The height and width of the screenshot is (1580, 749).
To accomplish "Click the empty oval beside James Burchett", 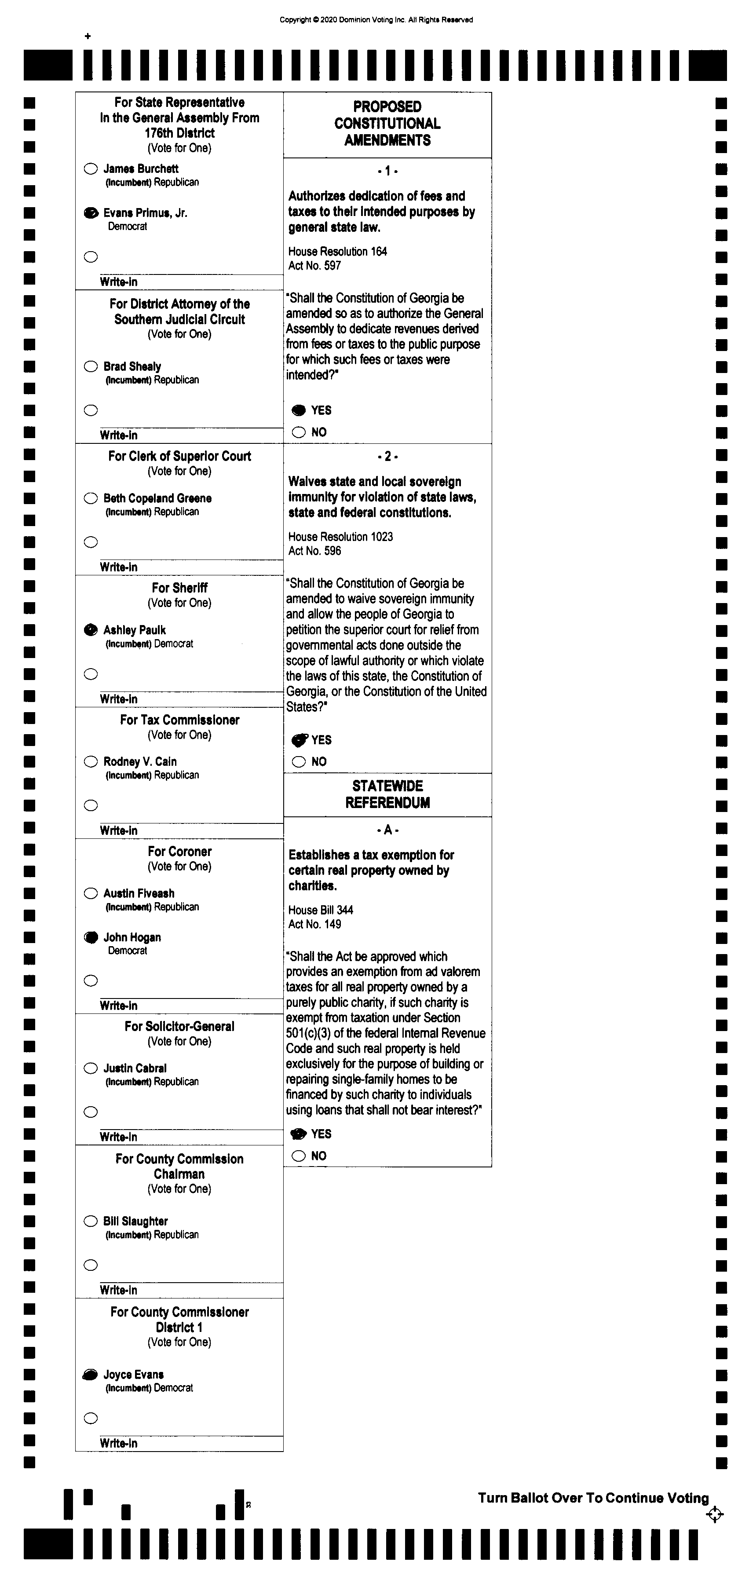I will click(x=91, y=168).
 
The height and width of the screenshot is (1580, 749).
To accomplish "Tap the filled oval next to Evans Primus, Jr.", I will click(x=91, y=213).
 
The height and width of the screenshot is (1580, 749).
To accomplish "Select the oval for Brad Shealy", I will click(x=91, y=366).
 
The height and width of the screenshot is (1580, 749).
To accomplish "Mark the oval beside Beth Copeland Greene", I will click(x=91, y=498).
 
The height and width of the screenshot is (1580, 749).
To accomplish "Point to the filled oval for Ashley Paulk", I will click(x=91, y=630).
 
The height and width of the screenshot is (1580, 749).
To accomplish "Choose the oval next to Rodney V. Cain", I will click(x=91, y=761).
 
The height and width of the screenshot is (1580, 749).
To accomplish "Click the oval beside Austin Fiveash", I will click(x=91, y=893).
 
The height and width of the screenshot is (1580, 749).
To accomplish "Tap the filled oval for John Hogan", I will click(x=91, y=937).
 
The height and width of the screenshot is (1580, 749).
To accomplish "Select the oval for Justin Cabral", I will click(x=91, y=1068).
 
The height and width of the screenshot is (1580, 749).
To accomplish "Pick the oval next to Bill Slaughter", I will click(x=91, y=1221).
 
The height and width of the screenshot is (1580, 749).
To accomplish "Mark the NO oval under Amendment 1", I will click(x=299, y=432).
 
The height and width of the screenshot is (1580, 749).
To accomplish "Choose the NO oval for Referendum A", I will click(x=299, y=1156).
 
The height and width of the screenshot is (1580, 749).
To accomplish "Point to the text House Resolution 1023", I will click(x=340, y=537).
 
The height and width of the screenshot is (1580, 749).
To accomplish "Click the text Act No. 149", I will click(x=315, y=924).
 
